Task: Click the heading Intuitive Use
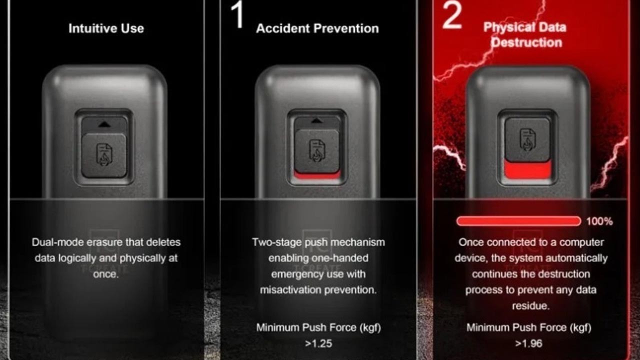point(106,28)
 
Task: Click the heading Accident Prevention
point(317,28)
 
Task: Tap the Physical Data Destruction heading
point(525,35)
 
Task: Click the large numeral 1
point(237,14)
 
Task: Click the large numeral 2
point(451,15)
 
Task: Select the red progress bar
point(518,221)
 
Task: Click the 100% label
point(599,221)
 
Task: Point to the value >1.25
point(318,343)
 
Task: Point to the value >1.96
point(528,343)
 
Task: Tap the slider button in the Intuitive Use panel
point(104,155)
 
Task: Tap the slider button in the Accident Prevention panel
point(317,151)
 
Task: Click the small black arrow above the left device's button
point(104,124)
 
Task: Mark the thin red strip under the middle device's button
point(317,175)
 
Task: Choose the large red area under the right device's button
point(527,169)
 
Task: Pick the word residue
point(530,306)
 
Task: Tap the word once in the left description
point(105,274)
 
